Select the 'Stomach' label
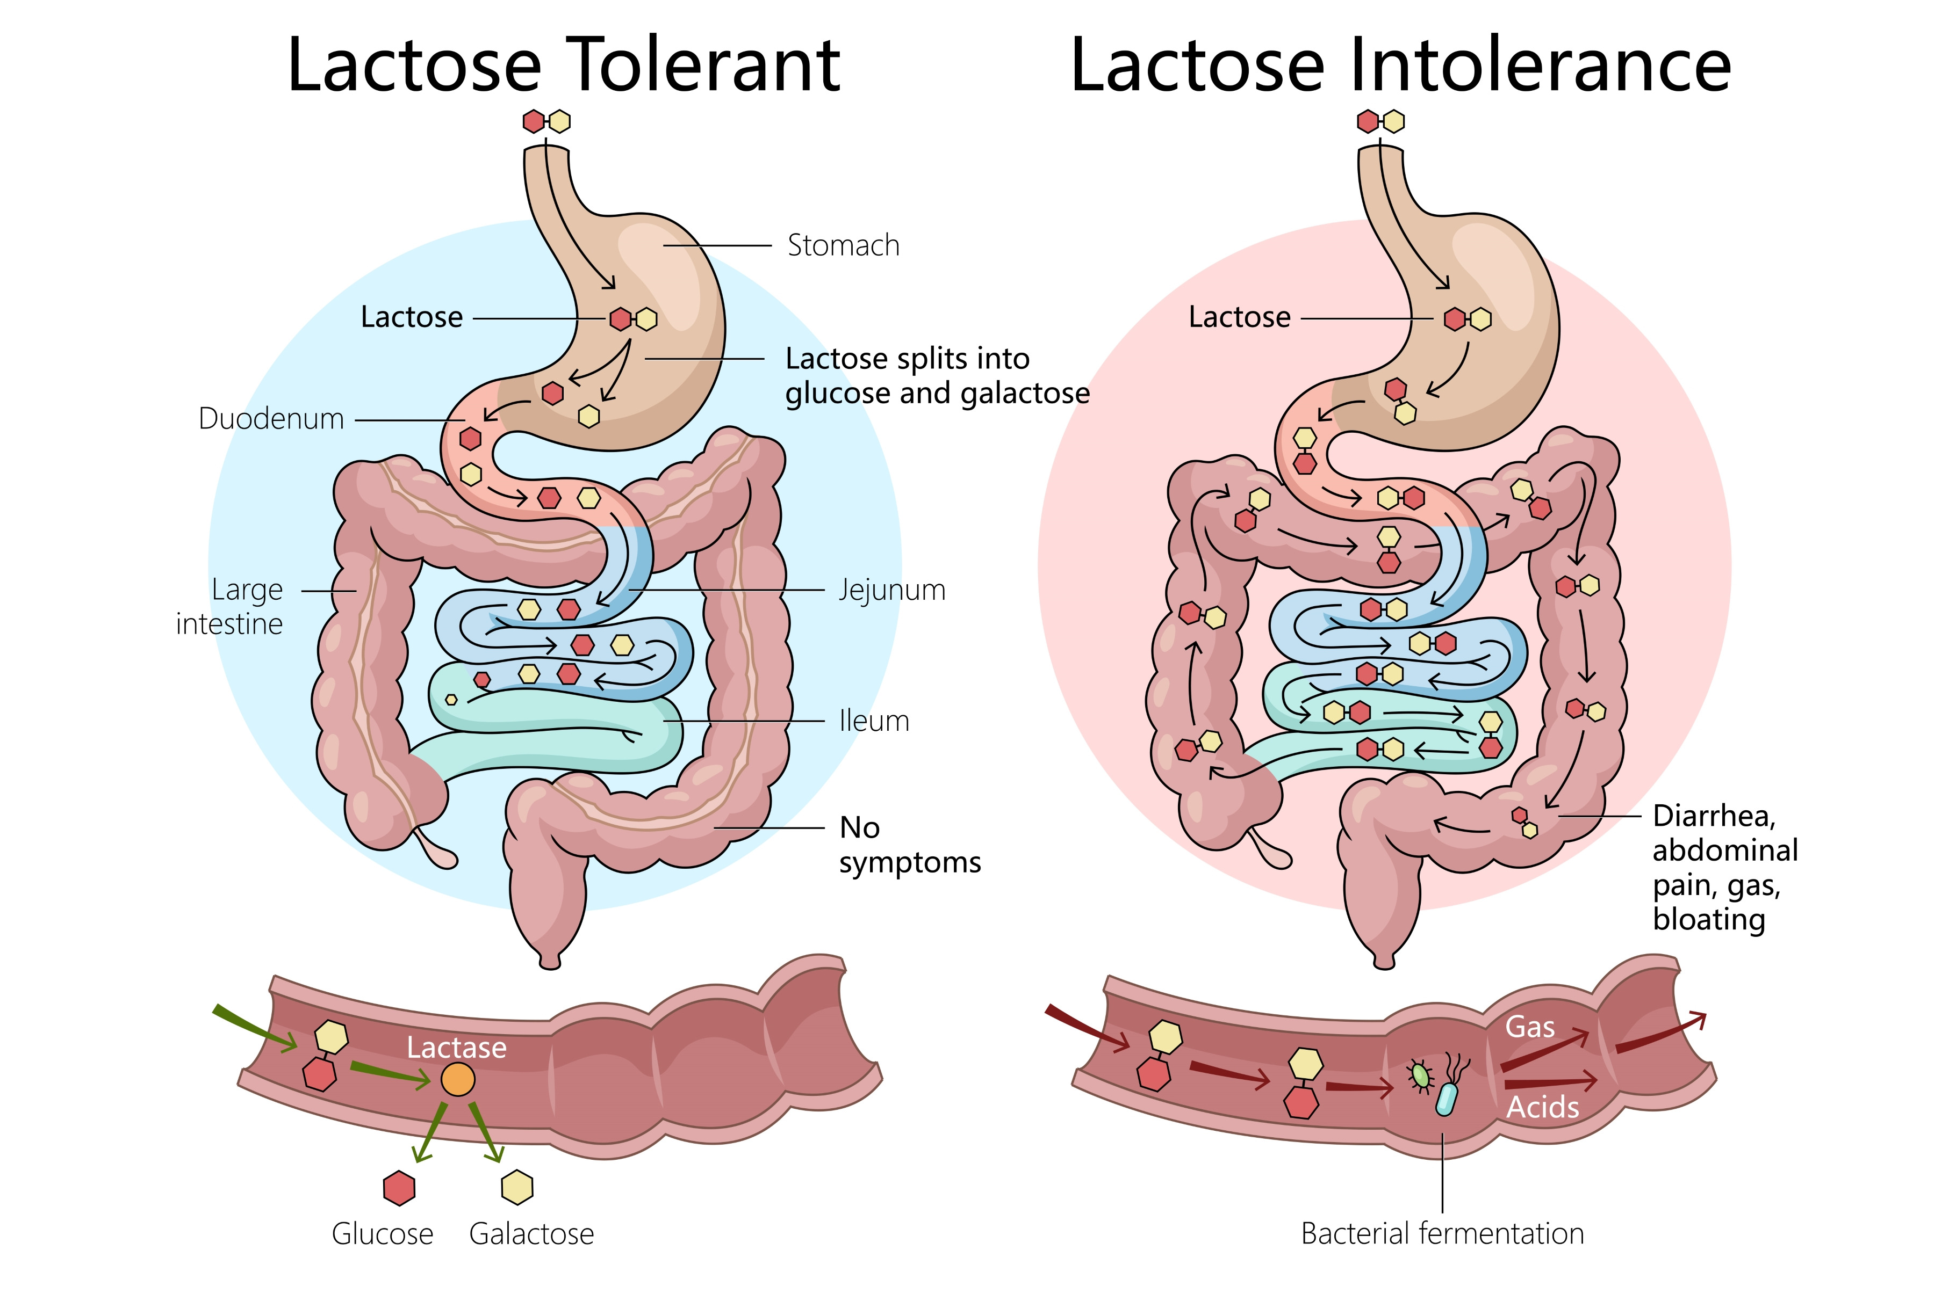[x=843, y=246]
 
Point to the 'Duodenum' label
[x=271, y=419]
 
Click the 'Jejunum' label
[x=891, y=591]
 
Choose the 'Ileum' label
[x=874, y=721]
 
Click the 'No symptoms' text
[x=908, y=844]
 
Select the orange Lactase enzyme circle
[x=457, y=1079]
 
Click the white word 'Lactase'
[x=457, y=1047]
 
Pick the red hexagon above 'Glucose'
[x=400, y=1188]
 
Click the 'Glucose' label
[x=382, y=1234]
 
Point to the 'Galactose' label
[x=531, y=1234]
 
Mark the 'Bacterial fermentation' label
[x=1442, y=1234]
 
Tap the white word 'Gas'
[x=1529, y=1028]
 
